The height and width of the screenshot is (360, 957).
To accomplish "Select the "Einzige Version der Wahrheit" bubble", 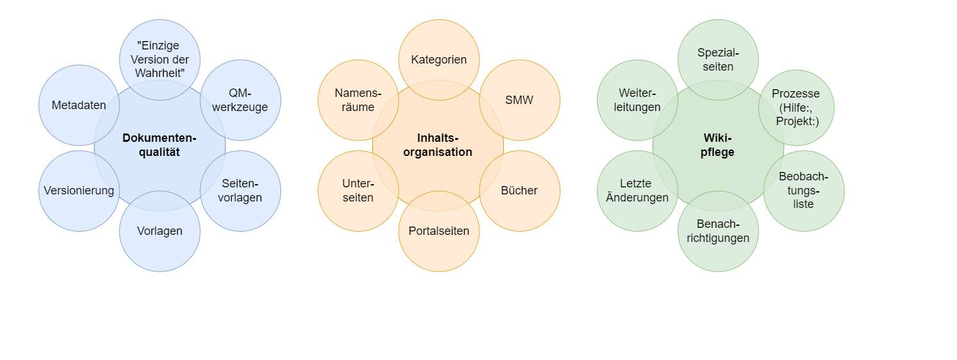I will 160,60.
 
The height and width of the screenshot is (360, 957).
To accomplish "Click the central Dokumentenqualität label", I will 159,145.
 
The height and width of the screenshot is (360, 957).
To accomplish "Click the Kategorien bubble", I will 439,60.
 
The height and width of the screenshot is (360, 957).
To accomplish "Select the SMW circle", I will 519,100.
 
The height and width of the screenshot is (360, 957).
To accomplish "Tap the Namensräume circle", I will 358,100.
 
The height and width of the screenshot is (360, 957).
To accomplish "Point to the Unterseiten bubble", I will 358,191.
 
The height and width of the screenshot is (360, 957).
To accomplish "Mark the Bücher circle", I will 519,191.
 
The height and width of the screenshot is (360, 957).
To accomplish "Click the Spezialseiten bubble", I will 718,60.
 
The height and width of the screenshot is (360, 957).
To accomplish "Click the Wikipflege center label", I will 718,145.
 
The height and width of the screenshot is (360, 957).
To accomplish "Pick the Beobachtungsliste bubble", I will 804,191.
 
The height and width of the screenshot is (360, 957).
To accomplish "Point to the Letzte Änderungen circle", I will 637,191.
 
